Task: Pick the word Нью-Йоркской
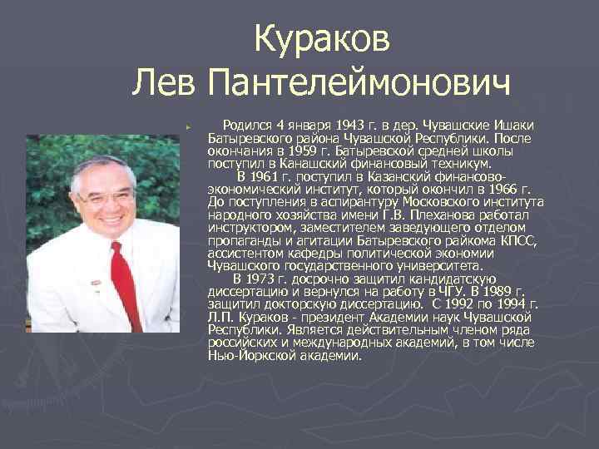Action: [247, 355]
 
